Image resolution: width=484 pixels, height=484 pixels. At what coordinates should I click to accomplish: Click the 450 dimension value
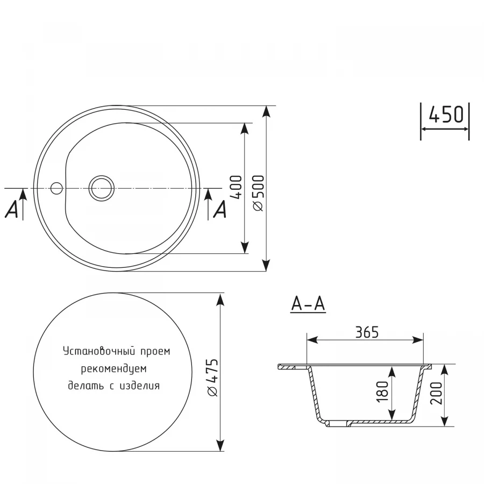point(446,115)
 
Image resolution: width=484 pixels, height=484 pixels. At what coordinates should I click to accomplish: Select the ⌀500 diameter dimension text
point(258,192)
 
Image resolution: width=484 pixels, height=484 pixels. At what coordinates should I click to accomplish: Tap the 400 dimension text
point(235,188)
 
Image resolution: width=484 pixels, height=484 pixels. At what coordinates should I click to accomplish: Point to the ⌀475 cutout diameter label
point(212,377)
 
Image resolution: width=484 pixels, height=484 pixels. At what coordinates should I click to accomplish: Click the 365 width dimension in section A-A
point(367,332)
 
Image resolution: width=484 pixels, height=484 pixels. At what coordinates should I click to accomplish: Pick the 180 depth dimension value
point(382,392)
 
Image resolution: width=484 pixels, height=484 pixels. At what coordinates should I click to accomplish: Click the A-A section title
point(308,304)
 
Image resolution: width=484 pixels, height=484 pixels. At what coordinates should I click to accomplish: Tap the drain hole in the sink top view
point(102,188)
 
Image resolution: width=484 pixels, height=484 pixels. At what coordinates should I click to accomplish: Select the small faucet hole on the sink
point(56,188)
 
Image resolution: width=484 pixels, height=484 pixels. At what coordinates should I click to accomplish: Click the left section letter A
point(11,210)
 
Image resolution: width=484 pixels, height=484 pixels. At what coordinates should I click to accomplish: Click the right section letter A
point(219,210)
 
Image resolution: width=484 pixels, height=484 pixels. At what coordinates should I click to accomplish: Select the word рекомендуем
point(114,369)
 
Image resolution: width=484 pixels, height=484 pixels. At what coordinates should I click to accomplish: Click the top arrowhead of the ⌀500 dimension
point(266,111)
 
